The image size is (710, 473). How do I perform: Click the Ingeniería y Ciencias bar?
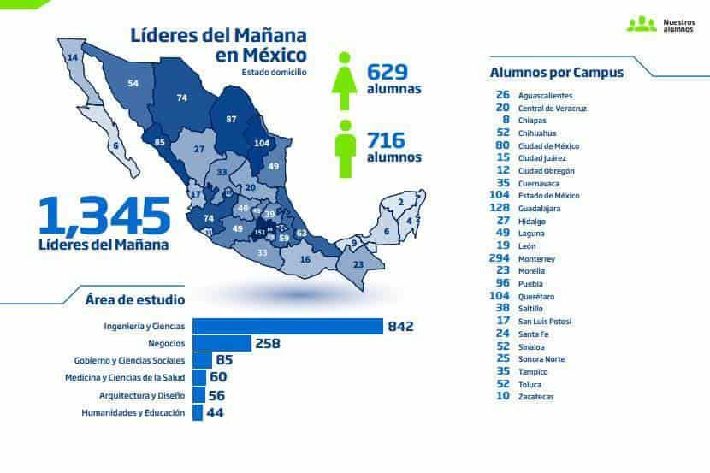pyautogui.click(x=287, y=326)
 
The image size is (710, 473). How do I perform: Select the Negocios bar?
pyautogui.click(x=222, y=343)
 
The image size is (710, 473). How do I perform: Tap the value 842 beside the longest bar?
pyautogui.click(x=399, y=326)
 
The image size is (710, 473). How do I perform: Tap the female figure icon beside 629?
pyautogui.click(x=345, y=81)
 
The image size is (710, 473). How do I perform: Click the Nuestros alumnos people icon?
pyautogui.click(x=641, y=24)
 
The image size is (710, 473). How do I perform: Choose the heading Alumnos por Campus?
pyautogui.click(x=556, y=73)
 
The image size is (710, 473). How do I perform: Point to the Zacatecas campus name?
pyautogui.click(x=535, y=397)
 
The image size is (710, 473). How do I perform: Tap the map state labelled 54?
pyautogui.click(x=133, y=83)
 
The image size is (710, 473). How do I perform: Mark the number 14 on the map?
pyautogui.click(x=73, y=57)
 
